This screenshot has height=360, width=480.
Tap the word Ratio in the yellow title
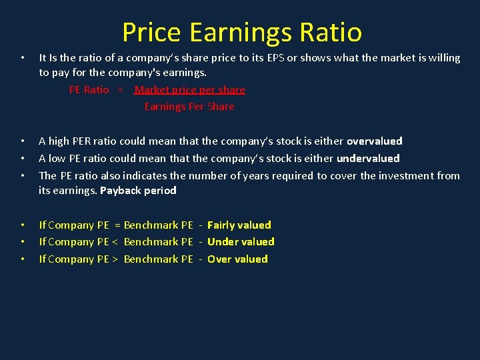330,32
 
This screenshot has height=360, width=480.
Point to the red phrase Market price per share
190,89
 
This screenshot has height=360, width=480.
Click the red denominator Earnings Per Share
189,106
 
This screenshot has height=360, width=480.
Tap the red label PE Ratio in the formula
89,89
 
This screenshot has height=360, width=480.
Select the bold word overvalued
375,141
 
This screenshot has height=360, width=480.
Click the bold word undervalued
368,158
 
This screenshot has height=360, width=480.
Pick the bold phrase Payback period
138,190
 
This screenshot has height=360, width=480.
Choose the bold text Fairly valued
239,225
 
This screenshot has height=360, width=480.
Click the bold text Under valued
241,241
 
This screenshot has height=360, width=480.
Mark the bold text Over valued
237,259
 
